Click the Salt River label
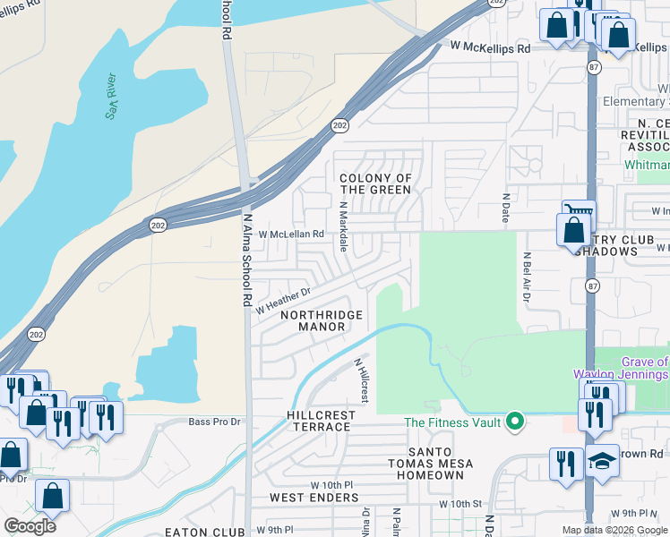click(113, 96)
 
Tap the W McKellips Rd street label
click(489, 47)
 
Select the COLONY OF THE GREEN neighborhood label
click(375, 184)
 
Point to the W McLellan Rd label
click(291, 234)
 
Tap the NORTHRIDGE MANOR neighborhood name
click(322, 321)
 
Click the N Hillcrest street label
click(362, 379)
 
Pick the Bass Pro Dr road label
click(216, 422)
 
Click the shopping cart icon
click(578, 215)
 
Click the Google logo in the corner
click(30, 525)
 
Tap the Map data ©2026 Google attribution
click(615, 530)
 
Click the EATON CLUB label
click(211, 532)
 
